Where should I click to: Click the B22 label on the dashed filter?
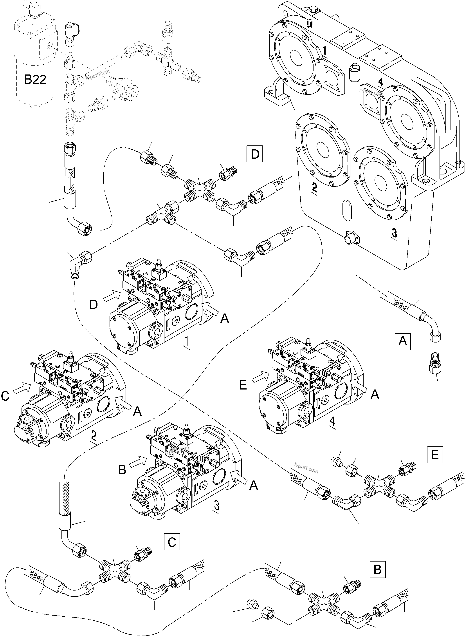click(35, 80)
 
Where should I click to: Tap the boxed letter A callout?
click(402, 341)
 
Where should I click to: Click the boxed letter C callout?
click(172, 541)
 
